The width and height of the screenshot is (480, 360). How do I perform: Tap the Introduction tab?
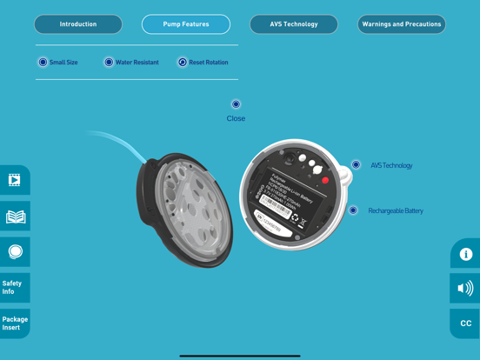78,24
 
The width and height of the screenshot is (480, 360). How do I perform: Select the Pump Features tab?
186,24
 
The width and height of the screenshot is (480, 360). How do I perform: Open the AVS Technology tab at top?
294,24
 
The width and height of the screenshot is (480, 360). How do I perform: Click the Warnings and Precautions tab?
402,24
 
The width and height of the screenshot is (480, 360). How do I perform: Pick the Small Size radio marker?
43,63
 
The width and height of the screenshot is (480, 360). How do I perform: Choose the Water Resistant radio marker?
109,63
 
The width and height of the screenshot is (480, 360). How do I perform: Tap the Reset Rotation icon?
183,63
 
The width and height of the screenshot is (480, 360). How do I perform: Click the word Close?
236,118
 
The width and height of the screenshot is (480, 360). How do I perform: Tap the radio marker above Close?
236,104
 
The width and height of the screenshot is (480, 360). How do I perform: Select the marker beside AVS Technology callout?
356,165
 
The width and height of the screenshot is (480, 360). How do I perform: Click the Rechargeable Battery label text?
396,210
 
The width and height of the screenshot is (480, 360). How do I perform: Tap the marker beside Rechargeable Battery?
353,210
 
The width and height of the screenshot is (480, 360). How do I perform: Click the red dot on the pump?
326,181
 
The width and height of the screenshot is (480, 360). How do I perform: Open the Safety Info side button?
14,287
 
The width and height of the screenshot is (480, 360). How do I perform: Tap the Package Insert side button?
15,323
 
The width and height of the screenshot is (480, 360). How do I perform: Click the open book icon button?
16,217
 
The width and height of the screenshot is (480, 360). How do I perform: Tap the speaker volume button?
465,288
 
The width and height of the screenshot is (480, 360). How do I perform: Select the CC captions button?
465,323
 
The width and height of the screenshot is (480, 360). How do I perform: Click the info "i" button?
465,254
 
